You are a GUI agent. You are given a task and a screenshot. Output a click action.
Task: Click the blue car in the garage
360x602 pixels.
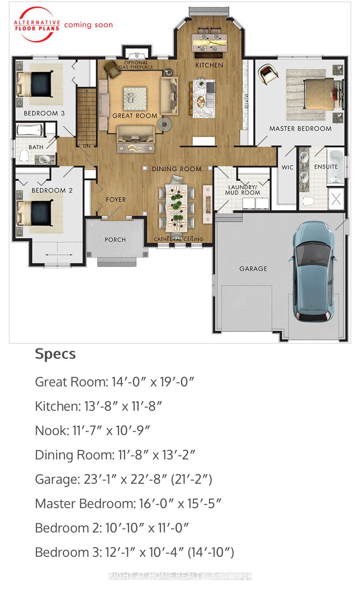click(x=313, y=271)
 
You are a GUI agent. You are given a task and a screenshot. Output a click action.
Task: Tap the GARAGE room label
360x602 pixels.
click(x=253, y=269)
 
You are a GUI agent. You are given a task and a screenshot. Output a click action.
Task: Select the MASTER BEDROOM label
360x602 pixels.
click(x=300, y=129)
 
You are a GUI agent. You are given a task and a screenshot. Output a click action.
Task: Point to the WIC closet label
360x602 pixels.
click(x=287, y=167)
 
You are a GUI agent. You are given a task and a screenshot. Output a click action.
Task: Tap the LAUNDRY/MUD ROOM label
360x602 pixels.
click(x=243, y=190)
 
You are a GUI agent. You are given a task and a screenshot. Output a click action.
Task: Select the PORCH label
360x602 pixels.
click(x=115, y=239)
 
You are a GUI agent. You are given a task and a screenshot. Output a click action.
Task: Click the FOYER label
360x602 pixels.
click(x=116, y=200)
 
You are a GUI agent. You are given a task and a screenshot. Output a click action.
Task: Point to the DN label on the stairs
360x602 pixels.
click(x=87, y=146)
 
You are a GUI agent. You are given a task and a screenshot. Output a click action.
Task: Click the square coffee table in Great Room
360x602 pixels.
click(x=135, y=99)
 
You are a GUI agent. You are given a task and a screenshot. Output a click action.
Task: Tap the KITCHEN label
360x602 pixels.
click(x=209, y=65)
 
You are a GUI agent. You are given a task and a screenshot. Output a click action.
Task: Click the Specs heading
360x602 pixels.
click(x=55, y=354)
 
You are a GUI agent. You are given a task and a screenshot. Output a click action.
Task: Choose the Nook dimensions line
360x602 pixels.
click(x=93, y=430)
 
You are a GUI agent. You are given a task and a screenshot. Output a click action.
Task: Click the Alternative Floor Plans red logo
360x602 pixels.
click(x=37, y=25)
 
